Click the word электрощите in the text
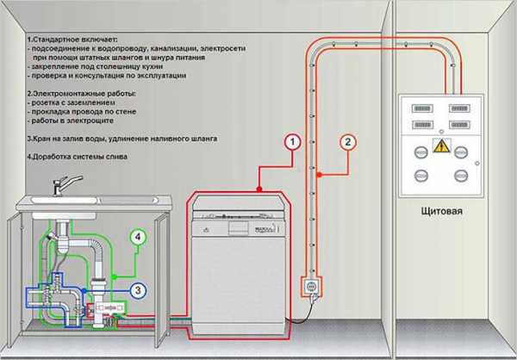click(78, 124)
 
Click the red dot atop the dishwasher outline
click(258, 187)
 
